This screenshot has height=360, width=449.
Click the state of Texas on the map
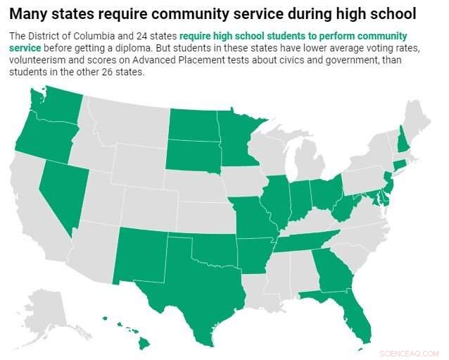pos(186,289)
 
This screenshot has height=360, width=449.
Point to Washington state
pos(49,106)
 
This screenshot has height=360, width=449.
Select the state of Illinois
pos(275,201)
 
